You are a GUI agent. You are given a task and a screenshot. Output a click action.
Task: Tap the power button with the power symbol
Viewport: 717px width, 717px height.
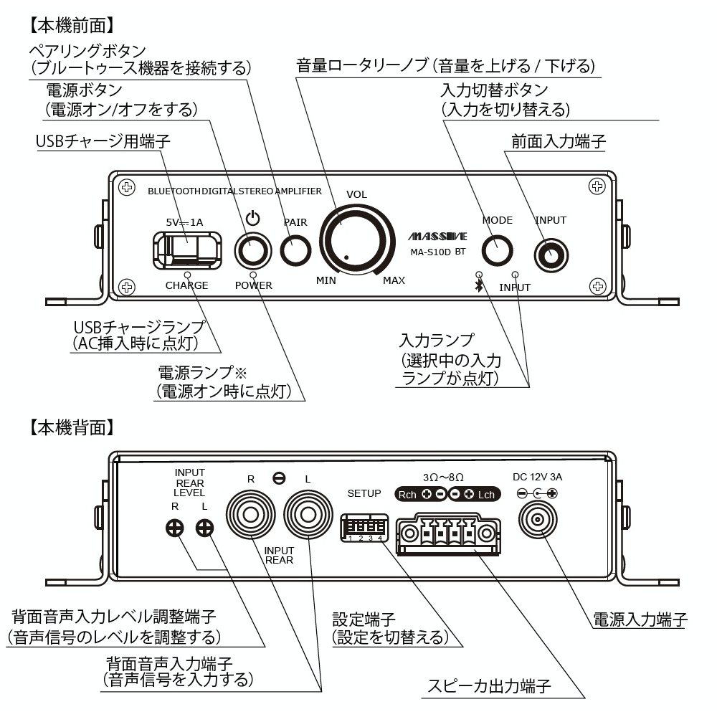pos(252,250)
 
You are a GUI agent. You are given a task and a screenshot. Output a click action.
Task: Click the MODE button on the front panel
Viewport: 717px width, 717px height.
pos(496,250)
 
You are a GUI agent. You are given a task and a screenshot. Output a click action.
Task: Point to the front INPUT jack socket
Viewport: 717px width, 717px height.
pos(551,252)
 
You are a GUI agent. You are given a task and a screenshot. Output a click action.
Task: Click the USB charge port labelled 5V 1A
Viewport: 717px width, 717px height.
pos(185,250)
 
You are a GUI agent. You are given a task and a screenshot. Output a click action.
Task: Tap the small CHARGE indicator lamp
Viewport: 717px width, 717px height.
pos(187,275)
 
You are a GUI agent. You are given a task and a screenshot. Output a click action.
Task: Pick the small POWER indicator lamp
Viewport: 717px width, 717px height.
pos(253,275)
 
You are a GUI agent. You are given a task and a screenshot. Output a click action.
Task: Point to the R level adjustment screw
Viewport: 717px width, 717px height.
pos(174,529)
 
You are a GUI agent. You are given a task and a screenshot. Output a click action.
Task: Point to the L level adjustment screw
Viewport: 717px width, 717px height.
pos(205,529)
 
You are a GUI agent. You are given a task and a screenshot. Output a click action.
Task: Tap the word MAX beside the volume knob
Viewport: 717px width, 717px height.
pos(394,280)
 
